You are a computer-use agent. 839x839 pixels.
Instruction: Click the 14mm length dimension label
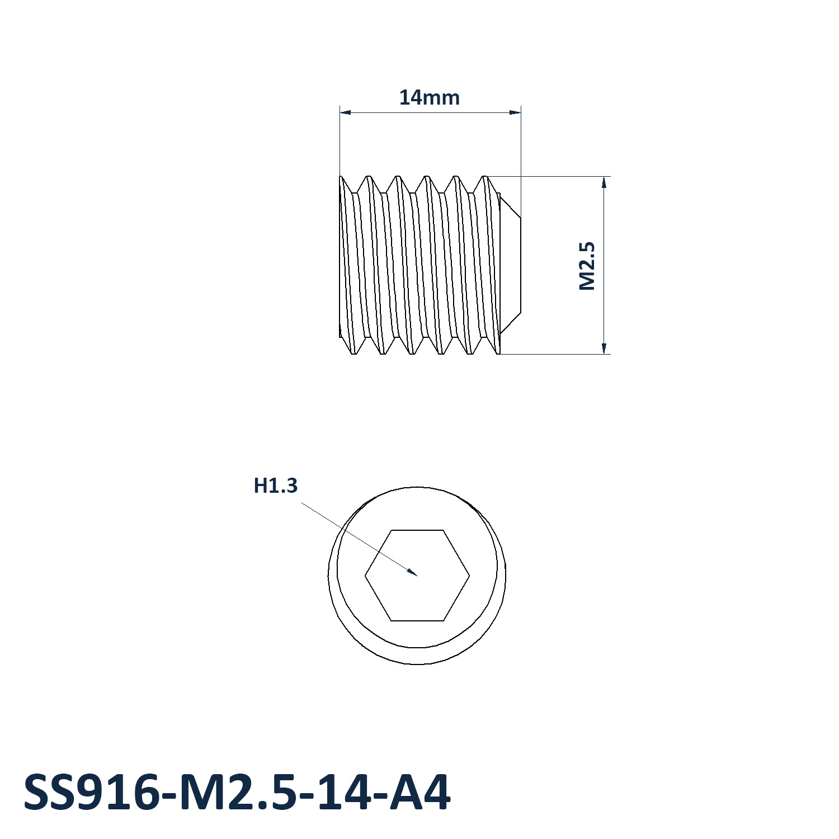point(430,97)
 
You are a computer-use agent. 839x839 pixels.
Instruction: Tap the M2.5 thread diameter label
point(587,266)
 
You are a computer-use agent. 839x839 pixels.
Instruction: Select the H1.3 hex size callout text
point(276,485)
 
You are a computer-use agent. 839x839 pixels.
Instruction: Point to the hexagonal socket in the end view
point(417,575)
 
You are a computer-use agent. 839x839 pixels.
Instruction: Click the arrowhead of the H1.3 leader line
point(412,571)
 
